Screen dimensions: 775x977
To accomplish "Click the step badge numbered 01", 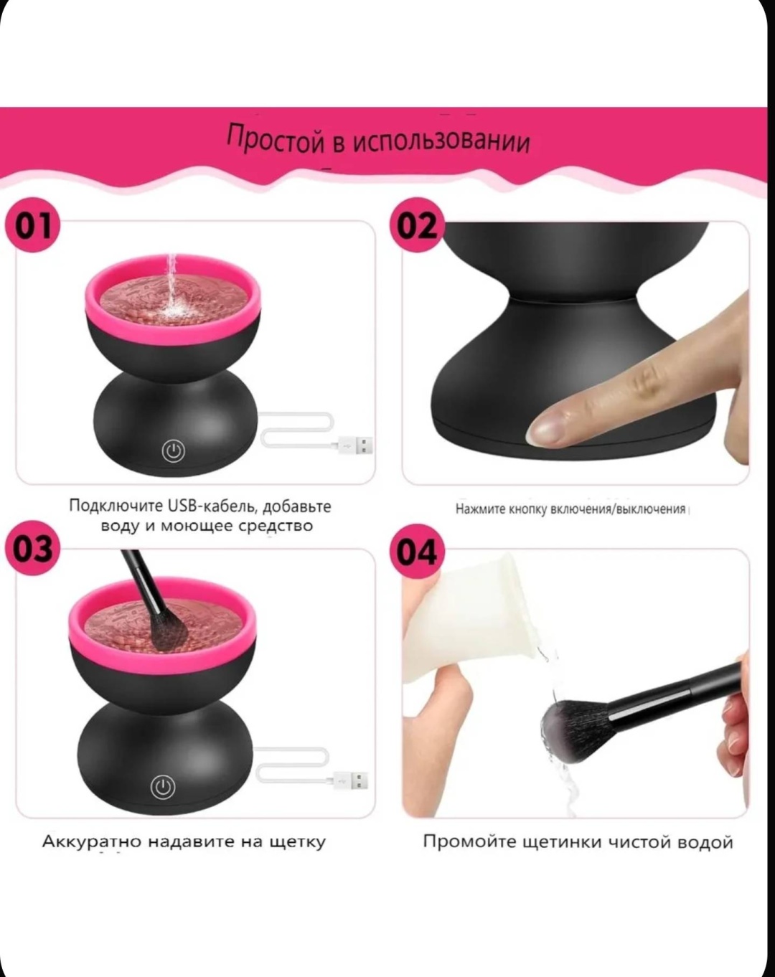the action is [32, 226].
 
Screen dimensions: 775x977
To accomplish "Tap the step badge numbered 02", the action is [417, 226].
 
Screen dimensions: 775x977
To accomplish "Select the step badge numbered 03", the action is [32, 549].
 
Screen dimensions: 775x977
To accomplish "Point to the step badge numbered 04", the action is [417, 552].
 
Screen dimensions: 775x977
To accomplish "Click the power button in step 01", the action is [174, 451].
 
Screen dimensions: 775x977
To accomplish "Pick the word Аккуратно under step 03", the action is [93, 841].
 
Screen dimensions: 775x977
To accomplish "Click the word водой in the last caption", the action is [705, 842].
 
